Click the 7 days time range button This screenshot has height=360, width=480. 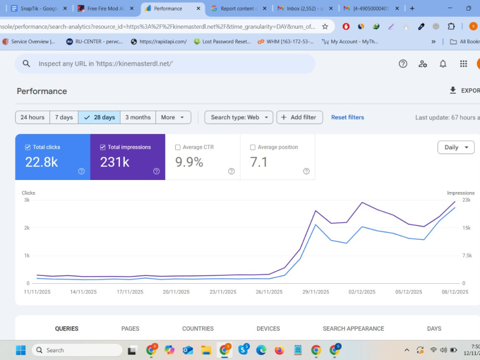tap(64, 117)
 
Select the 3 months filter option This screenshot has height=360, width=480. tap(138, 117)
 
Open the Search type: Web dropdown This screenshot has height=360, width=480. tap(239, 117)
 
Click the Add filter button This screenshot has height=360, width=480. tap(300, 117)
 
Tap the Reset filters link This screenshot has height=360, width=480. tap(348, 117)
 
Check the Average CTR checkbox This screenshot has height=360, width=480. tap(178, 147)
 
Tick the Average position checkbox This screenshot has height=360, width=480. tap(252, 147)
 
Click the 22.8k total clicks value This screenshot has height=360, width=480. tap(41, 162)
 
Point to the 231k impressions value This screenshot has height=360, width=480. tap(115, 162)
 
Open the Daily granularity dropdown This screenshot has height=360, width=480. tap(456, 147)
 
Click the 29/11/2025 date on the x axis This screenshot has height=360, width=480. tap(316, 292)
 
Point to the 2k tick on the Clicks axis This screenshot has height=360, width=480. tap(27, 228)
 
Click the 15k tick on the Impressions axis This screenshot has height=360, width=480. tap(467, 228)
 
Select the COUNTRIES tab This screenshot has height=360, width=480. tap(198, 328)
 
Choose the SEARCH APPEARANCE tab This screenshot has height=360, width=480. tap(353, 328)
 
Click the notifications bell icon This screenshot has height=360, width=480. tap(443, 64)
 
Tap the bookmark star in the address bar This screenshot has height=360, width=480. tap(325, 26)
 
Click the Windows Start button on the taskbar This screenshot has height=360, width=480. tap(21, 350)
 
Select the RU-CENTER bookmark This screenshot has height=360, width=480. tap(94, 42)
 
